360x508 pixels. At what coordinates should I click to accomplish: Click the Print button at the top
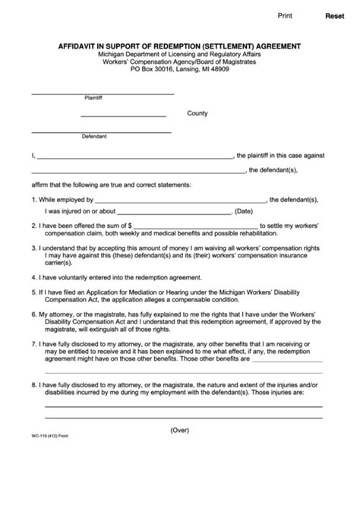tap(285, 14)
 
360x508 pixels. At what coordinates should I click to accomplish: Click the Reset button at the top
tap(334, 15)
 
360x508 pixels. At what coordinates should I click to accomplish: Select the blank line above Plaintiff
tap(103, 93)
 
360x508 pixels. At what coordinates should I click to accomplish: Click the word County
tap(197, 113)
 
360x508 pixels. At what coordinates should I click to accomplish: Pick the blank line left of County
tap(122, 115)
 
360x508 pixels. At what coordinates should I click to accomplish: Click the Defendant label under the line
tap(95, 137)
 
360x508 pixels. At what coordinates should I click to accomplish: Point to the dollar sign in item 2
tap(131, 226)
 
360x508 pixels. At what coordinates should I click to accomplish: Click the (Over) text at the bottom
tap(181, 450)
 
